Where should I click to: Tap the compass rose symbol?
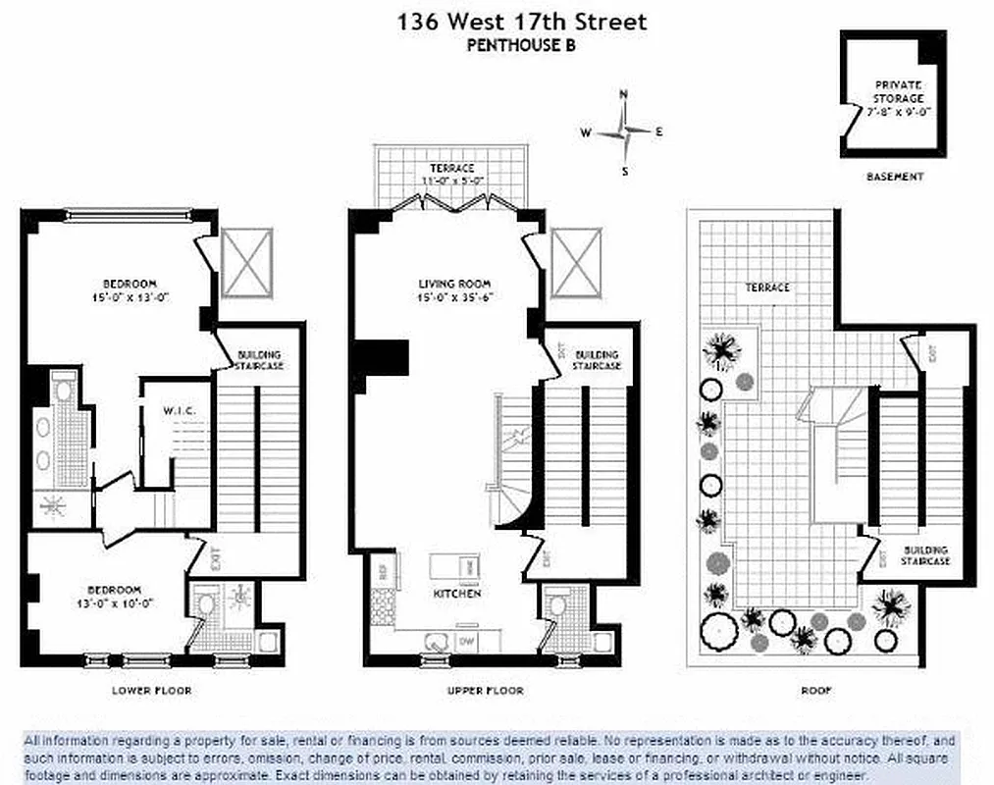(624, 131)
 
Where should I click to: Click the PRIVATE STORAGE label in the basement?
(898, 92)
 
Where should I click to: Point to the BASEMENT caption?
(895, 177)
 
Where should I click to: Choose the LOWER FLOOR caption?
(152, 691)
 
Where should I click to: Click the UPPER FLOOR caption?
(485, 691)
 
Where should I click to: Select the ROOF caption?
(815, 691)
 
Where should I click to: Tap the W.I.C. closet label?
(181, 410)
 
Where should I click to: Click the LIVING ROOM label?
(454, 285)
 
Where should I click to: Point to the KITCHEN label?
(457, 595)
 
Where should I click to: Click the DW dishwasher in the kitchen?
(468, 641)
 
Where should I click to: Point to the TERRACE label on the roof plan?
(766, 288)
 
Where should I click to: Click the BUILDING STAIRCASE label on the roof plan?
(926, 555)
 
